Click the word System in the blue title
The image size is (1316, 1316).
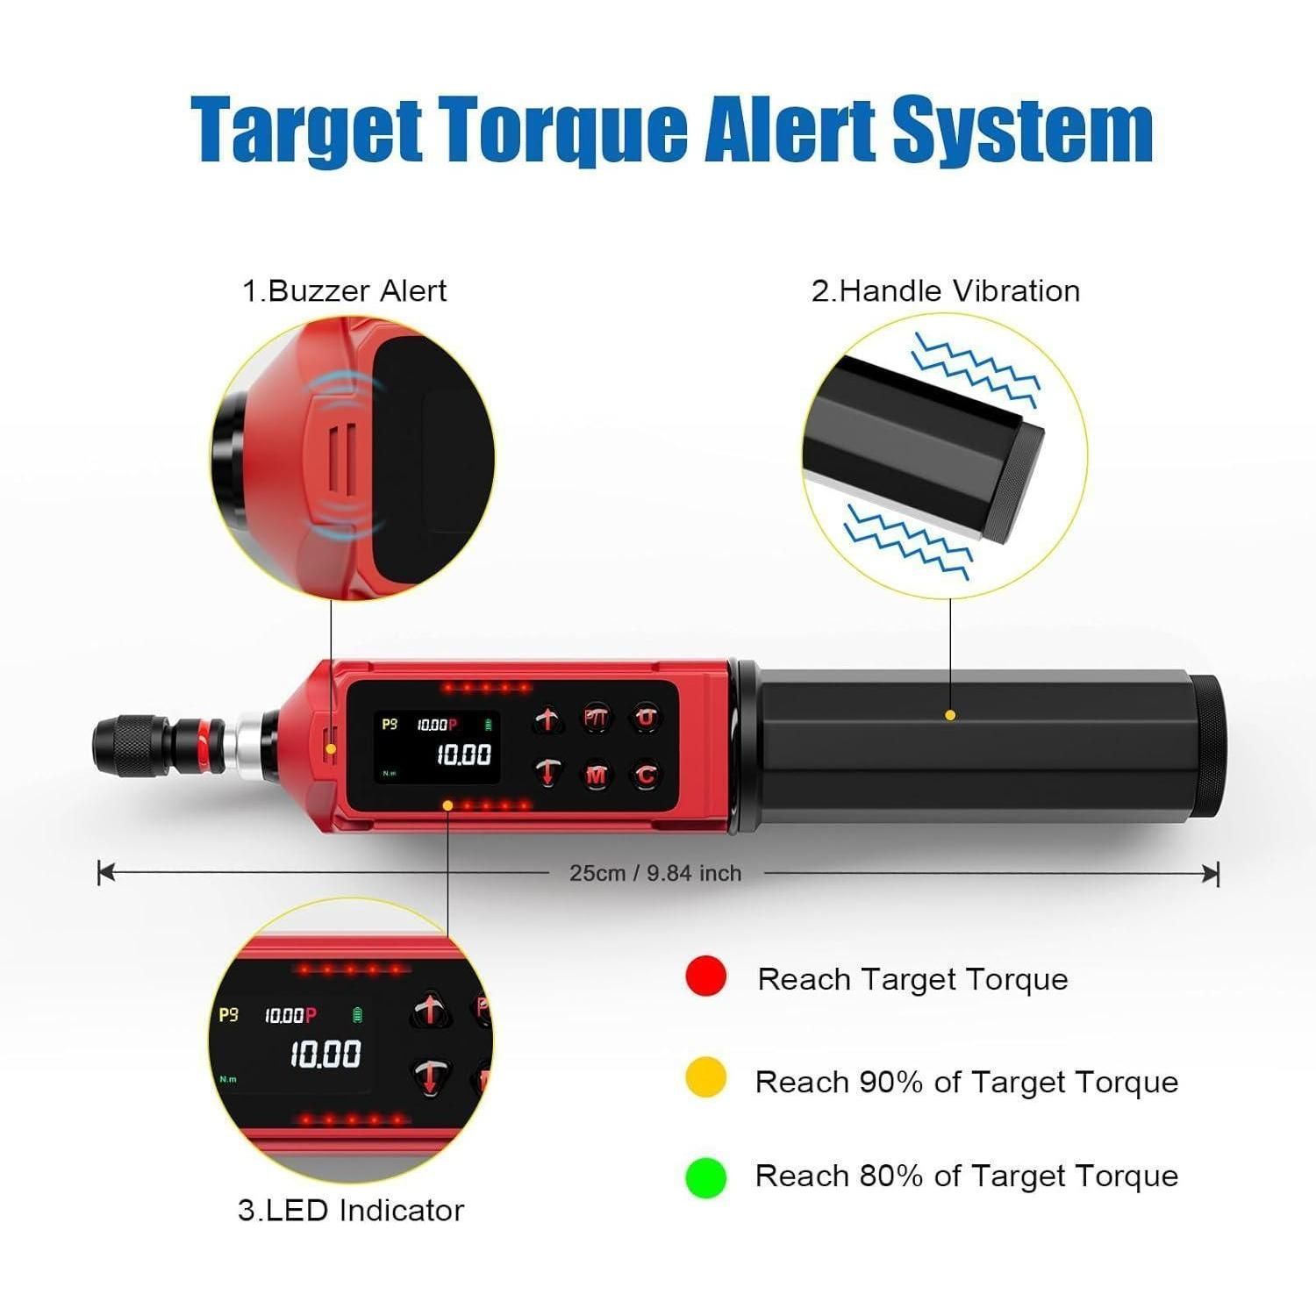point(1022,130)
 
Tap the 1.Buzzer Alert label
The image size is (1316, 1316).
point(345,290)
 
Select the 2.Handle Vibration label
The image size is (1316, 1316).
point(946,290)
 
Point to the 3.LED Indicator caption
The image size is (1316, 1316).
point(351,1210)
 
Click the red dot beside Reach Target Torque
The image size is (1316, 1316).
point(706,976)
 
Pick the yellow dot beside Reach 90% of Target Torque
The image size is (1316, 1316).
point(706,1078)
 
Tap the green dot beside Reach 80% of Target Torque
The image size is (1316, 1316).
point(706,1177)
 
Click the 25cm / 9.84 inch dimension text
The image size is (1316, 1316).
point(655,873)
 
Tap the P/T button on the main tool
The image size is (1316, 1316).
point(597,719)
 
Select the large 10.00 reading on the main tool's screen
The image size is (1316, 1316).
point(464,755)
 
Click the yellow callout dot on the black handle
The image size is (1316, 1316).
point(950,715)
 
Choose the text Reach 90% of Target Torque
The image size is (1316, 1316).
point(967,1082)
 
